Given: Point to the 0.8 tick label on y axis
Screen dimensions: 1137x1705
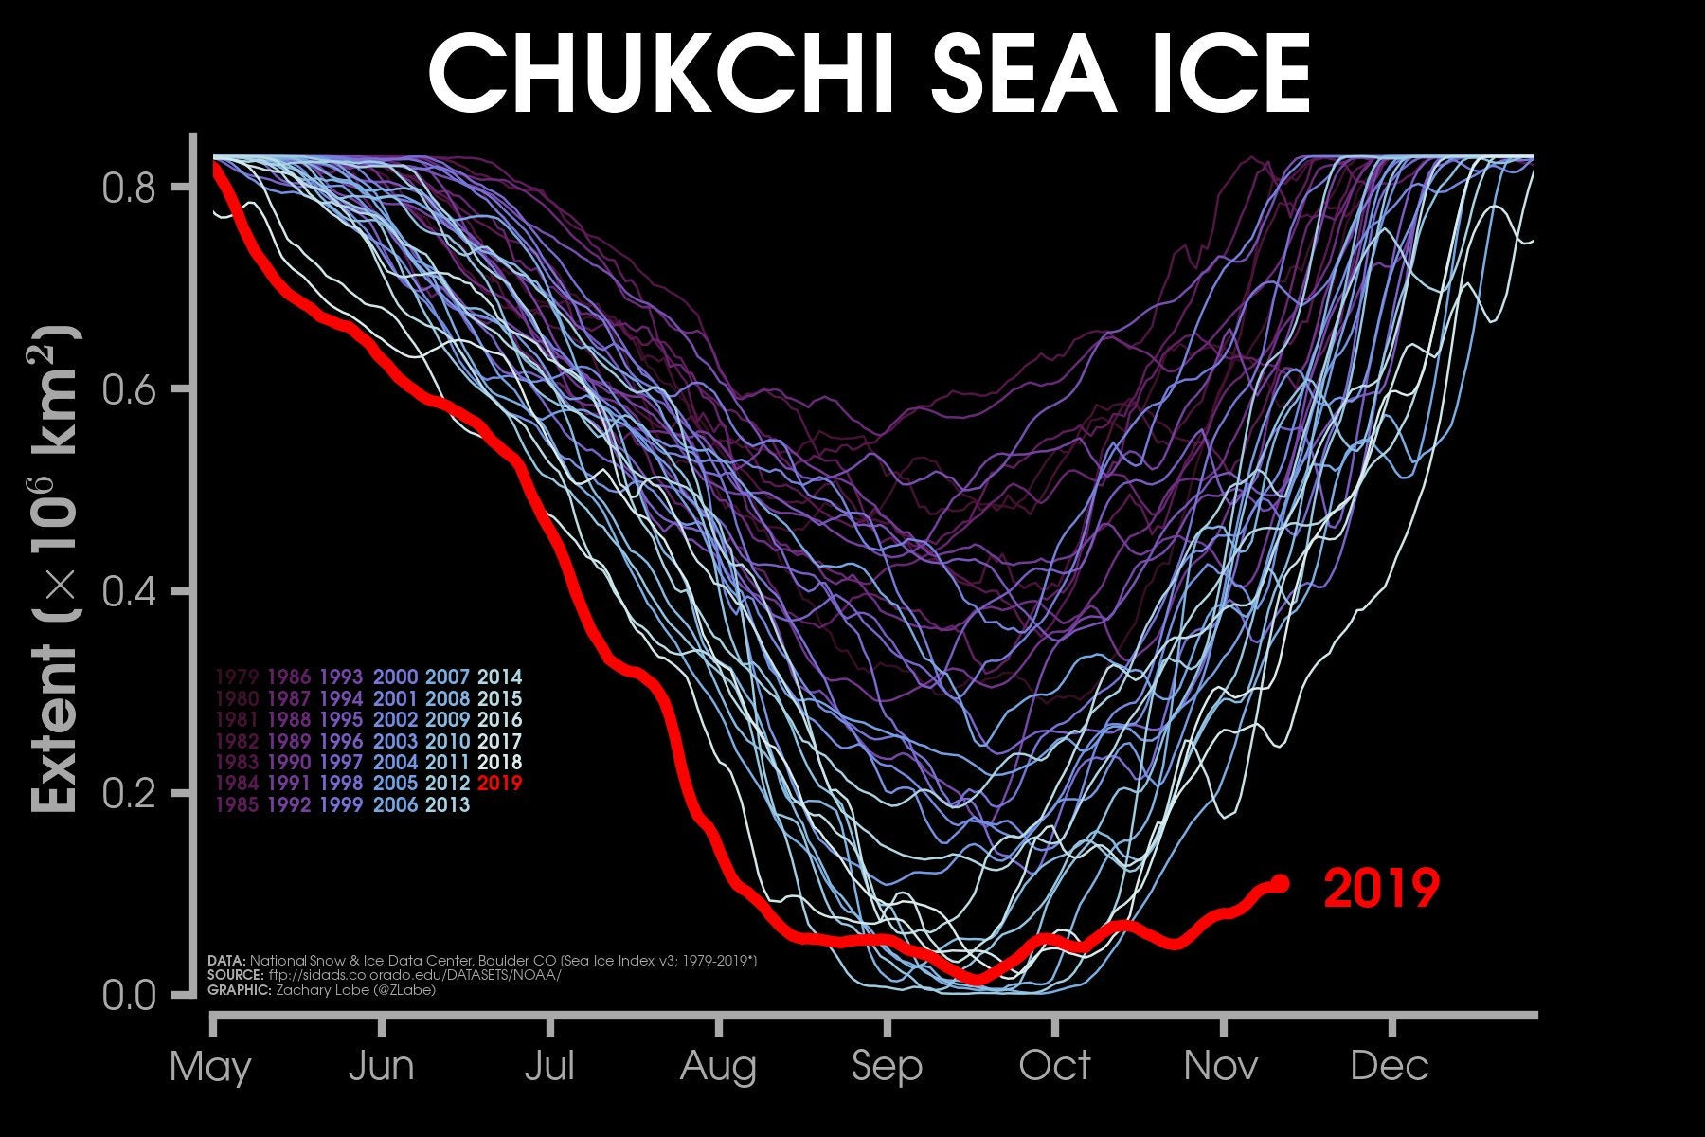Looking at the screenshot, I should coord(128,188).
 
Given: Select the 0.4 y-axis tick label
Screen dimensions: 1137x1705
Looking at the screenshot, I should coord(128,592).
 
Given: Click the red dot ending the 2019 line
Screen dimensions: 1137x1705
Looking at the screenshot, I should coord(1281,883).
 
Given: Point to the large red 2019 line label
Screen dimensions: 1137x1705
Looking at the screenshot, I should coord(1381,889).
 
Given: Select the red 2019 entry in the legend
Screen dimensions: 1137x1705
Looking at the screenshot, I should coord(500,784).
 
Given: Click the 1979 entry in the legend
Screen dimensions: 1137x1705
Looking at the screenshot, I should coord(238,677).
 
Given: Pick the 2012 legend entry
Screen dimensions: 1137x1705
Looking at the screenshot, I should coord(447,784).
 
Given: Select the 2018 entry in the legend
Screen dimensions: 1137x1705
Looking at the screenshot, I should coord(500,763).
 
